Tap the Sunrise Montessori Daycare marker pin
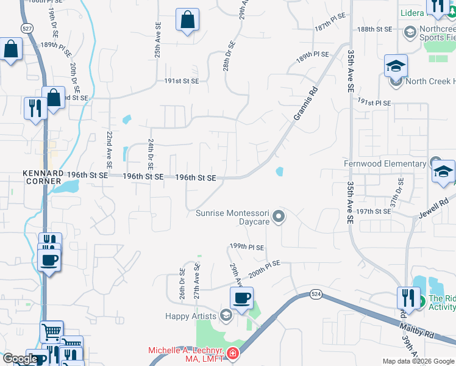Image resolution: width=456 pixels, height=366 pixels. click(279, 216)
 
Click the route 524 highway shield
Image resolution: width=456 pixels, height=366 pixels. click(315, 294)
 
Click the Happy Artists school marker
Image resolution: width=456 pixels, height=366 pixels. click(226, 315)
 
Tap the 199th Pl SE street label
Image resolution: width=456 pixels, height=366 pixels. click(247, 247)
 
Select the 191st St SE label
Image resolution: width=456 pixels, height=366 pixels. click(182, 81)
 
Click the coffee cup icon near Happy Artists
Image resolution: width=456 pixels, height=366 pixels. click(241, 298)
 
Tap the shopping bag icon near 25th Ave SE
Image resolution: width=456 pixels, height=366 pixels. click(187, 20)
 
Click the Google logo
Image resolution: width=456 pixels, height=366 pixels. click(20, 359)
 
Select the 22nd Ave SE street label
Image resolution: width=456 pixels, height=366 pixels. click(109, 150)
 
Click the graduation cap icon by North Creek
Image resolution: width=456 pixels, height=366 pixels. click(396, 66)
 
